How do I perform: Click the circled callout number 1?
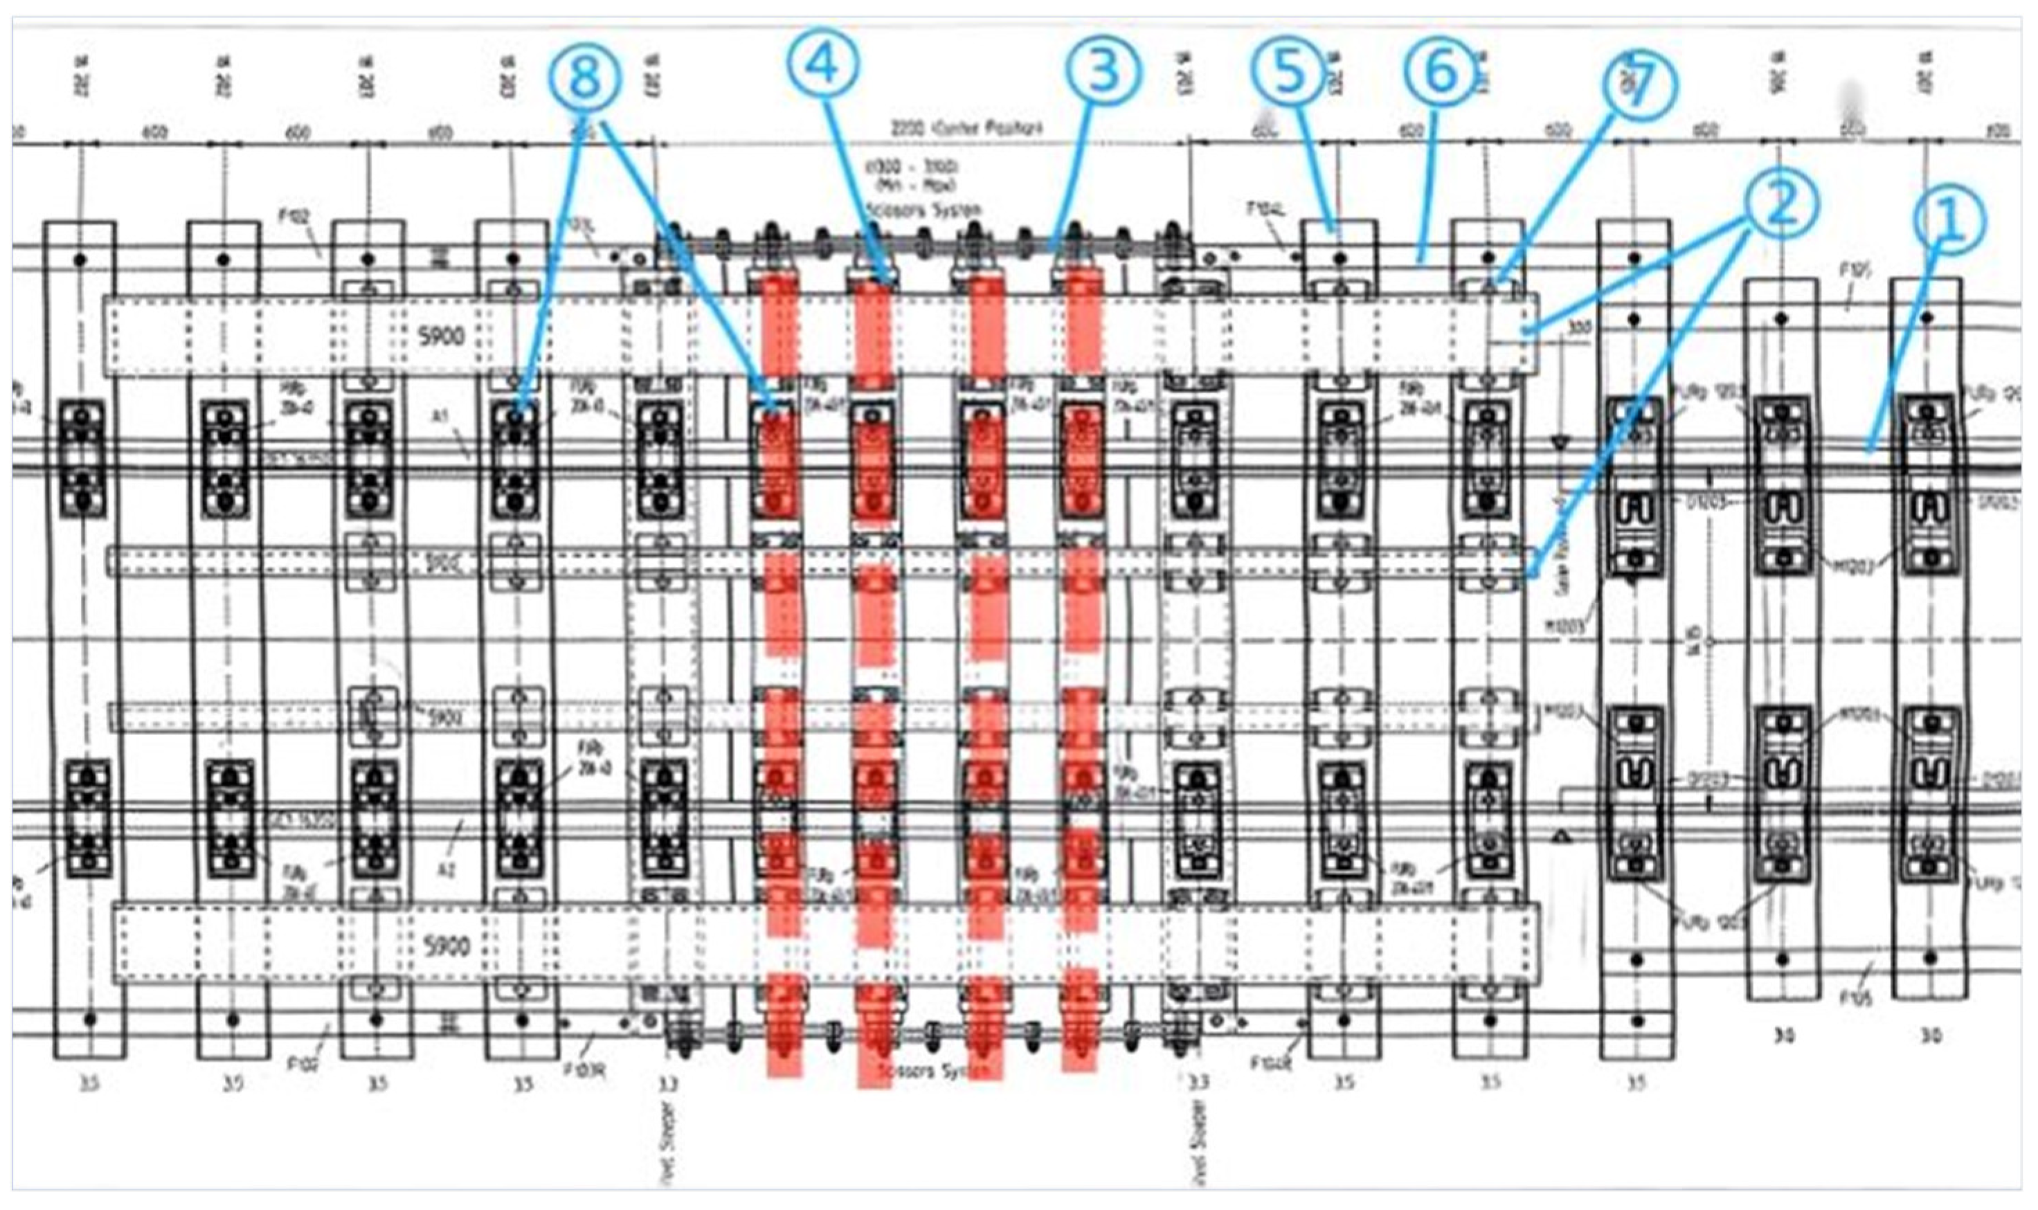coord(1949,220)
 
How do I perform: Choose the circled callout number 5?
coord(1289,73)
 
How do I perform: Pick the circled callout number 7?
coord(1639,87)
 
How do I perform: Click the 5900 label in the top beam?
coord(441,336)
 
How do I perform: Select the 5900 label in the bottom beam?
coord(448,946)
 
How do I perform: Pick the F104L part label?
coord(1266,210)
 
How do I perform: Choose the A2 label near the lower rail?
coord(446,871)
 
